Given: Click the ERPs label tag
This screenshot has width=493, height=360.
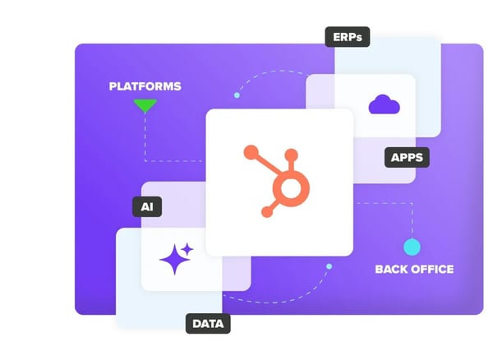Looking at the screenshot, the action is [348, 37].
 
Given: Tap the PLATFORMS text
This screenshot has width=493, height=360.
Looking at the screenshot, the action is [145, 86].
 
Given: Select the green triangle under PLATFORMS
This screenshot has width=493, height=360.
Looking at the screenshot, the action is [145, 105].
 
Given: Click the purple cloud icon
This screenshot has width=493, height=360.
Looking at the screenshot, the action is [384, 104].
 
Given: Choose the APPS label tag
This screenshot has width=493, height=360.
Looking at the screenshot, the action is [407, 157].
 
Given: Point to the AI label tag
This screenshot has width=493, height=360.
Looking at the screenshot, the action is [147, 206].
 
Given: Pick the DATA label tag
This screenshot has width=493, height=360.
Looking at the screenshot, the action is [208, 324].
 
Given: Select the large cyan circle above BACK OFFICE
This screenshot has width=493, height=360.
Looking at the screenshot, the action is [412, 247].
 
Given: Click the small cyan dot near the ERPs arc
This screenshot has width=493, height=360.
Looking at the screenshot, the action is [237, 95].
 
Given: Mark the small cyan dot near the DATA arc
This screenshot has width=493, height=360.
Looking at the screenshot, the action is [329, 266].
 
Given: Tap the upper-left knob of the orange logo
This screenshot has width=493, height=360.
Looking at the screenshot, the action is [251, 153].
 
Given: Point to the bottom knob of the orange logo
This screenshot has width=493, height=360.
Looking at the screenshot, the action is [267, 211].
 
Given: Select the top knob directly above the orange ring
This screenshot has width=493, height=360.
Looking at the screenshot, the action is [291, 155].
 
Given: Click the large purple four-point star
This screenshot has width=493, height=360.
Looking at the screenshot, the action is [174, 260].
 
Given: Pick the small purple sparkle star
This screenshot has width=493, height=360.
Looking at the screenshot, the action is [187, 249].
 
